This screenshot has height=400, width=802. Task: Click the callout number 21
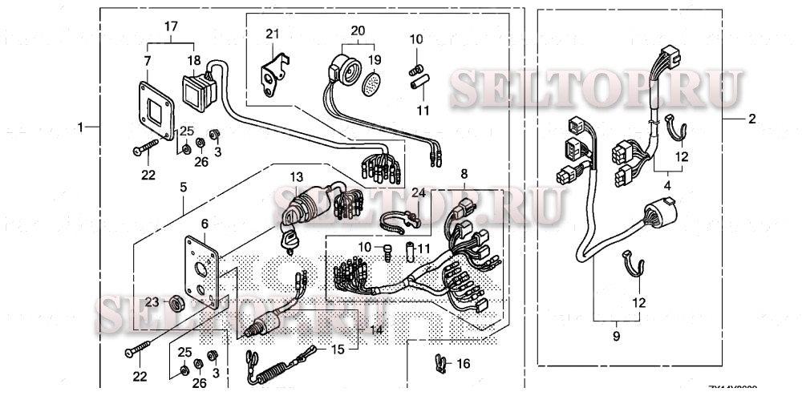(272, 34)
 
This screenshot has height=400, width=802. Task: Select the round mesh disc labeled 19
(371, 82)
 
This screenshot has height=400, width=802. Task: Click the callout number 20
(358, 30)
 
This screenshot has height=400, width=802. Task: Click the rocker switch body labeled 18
(198, 88)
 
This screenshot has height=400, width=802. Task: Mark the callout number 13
(297, 176)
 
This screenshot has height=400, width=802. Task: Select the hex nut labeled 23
(175, 303)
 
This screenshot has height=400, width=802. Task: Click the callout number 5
(184, 186)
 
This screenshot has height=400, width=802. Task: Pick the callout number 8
(463, 174)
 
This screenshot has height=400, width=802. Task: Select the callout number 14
(376, 329)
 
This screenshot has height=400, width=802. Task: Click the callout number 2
(751, 119)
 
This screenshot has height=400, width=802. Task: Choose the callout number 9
(616, 337)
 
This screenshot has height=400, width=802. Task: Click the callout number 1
(79, 127)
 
